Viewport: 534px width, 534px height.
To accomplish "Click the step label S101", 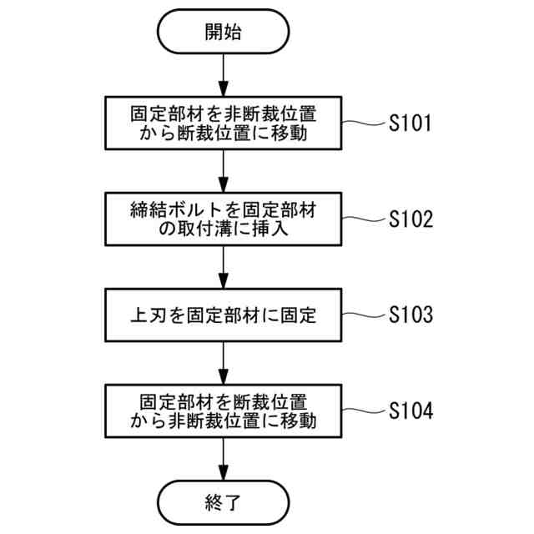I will click(410, 124).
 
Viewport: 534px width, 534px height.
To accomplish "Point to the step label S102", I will click(410, 219).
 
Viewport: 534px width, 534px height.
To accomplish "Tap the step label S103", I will click(410, 315).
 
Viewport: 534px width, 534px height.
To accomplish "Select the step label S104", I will click(410, 411).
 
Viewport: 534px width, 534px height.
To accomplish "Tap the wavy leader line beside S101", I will click(364, 123).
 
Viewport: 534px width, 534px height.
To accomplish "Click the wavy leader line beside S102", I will click(364, 219).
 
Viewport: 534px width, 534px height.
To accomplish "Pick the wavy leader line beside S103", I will click(364, 315).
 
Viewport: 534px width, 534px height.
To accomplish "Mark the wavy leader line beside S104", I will click(364, 411).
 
